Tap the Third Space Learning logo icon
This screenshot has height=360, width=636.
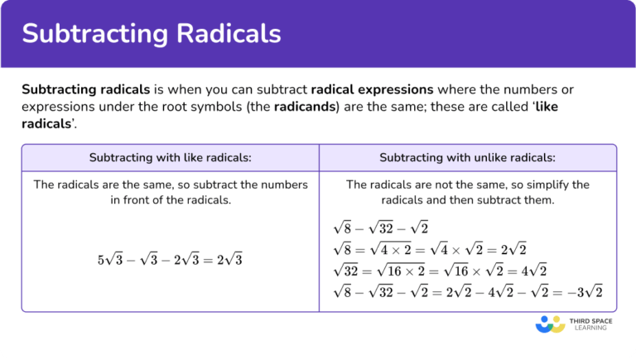(550, 324)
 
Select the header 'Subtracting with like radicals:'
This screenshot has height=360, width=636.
(170, 158)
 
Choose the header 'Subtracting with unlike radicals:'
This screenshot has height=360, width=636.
(467, 158)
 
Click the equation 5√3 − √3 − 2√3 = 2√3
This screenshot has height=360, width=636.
(170, 259)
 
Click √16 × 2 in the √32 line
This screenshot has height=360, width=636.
(412, 270)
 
